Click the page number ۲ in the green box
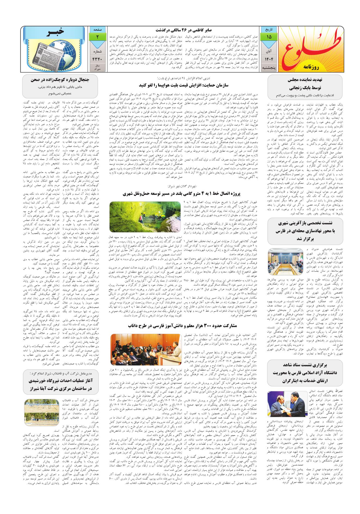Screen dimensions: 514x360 [97, 37]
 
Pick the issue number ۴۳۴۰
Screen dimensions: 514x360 [97, 58]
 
